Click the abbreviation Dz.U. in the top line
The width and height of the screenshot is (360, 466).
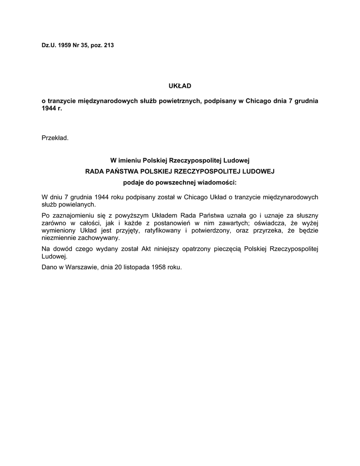point(49,46)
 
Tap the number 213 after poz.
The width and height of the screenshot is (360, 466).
point(109,46)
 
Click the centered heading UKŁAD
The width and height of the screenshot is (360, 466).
point(180,86)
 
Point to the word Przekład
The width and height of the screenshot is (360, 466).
point(55,137)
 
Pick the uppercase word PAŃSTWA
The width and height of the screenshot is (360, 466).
point(125,172)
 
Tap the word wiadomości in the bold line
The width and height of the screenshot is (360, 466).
point(216,183)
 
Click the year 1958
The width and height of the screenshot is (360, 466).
point(159,267)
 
